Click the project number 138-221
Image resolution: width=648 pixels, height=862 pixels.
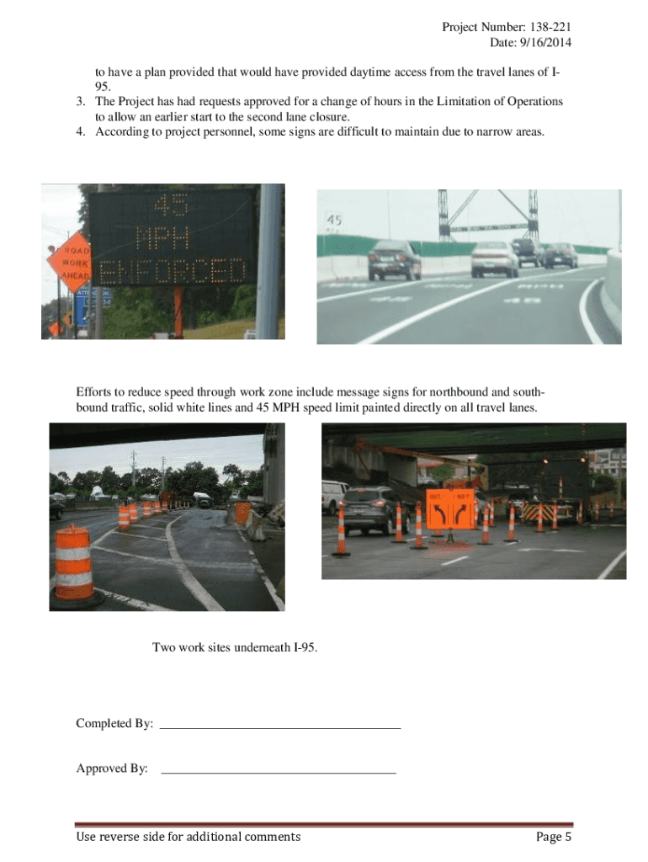[x=554, y=28]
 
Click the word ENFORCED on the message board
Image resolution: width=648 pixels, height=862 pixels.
[x=173, y=272]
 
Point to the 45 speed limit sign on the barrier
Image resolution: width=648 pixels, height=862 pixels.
[x=334, y=221]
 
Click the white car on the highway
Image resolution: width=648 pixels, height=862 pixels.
[x=495, y=258]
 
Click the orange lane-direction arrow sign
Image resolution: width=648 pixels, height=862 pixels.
[x=450, y=508]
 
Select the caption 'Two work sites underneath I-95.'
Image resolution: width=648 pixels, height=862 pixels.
[x=235, y=647]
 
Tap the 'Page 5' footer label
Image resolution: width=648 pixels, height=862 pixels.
[x=554, y=837]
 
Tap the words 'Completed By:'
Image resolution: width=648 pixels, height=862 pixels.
[x=114, y=724]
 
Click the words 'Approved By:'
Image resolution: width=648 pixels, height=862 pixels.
[x=112, y=769]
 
